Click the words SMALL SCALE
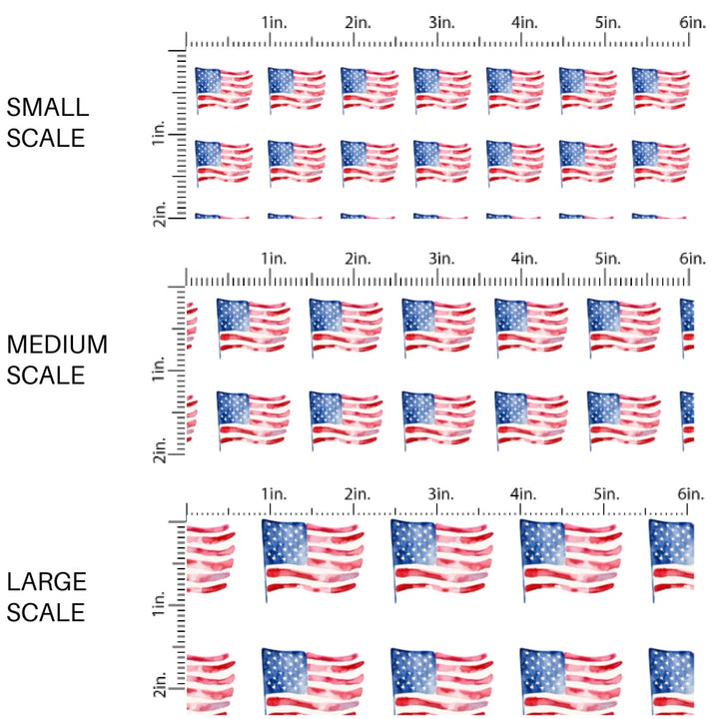click(x=46, y=122)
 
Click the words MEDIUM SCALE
click(x=57, y=359)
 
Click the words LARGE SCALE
click(x=46, y=596)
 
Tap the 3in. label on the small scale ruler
click(x=440, y=22)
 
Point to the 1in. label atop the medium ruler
click(x=274, y=259)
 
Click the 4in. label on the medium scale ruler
click(x=524, y=259)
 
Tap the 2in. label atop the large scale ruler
click(x=357, y=494)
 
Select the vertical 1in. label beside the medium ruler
click(x=160, y=371)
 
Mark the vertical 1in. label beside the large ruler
click(x=160, y=603)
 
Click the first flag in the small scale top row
click(x=223, y=88)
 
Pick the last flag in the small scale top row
click(x=660, y=88)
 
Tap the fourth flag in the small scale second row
click(x=441, y=161)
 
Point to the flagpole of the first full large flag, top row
click(x=265, y=564)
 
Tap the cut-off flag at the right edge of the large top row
click(x=670, y=555)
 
